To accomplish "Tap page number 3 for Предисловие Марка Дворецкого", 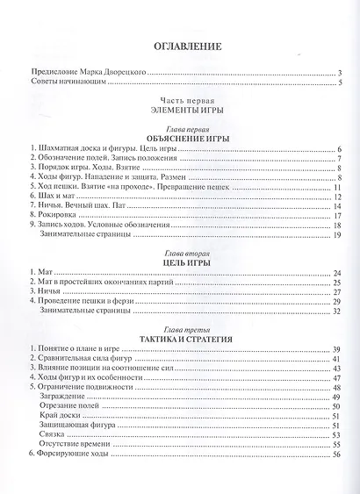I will click(338, 73).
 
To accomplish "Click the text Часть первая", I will click(179, 101).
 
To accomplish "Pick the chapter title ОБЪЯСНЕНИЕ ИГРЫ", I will click(179, 139).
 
